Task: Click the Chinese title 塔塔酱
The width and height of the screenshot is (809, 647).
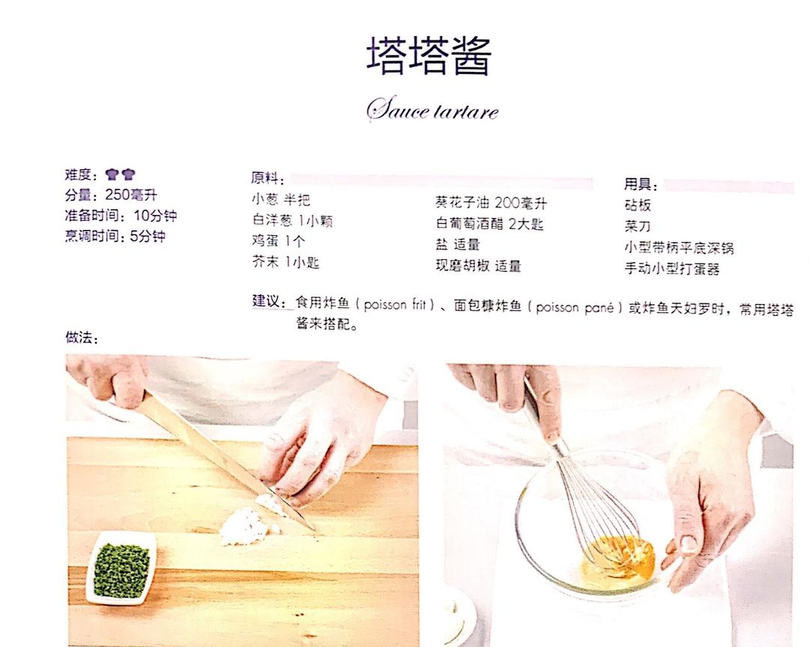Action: pyautogui.click(x=429, y=55)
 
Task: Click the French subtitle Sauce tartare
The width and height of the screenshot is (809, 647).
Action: pyautogui.click(x=432, y=109)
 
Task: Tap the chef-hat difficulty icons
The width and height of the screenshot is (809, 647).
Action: pyautogui.click(x=120, y=174)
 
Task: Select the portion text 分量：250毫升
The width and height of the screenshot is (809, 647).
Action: pyautogui.click(x=111, y=195)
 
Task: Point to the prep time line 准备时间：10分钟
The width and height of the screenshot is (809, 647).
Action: pyautogui.click(x=121, y=216)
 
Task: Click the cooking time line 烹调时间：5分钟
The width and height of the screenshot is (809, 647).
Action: pyautogui.click(x=115, y=237)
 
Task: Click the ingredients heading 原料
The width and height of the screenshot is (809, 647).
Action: pyautogui.click(x=267, y=178)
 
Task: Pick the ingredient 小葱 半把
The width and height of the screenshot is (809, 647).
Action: pyautogui.click(x=281, y=200)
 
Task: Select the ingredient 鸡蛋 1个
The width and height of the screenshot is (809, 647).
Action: pyautogui.click(x=279, y=240)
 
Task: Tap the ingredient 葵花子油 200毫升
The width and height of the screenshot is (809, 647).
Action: pyautogui.click(x=491, y=203)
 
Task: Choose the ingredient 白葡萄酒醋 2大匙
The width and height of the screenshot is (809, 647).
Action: pyautogui.click(x=489, y=223)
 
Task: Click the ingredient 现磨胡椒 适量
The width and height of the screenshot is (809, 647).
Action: pyautogui.click(x=478, y=266)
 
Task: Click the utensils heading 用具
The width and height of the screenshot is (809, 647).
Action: pyautogui.click(x=640, y=184)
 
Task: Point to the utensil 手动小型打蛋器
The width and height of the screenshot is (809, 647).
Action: pyautogui.click(x=672, y=268)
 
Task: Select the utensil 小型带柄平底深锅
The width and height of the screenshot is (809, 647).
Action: pyautogui.click(x=679, y=248)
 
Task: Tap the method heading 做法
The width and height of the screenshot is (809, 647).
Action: pyautogui.click(x=82, y=338)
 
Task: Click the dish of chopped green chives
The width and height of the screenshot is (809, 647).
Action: pyautogui.click(x=122, y=569)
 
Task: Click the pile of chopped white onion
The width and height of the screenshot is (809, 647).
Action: pyautogui.click(x=248, y=524)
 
